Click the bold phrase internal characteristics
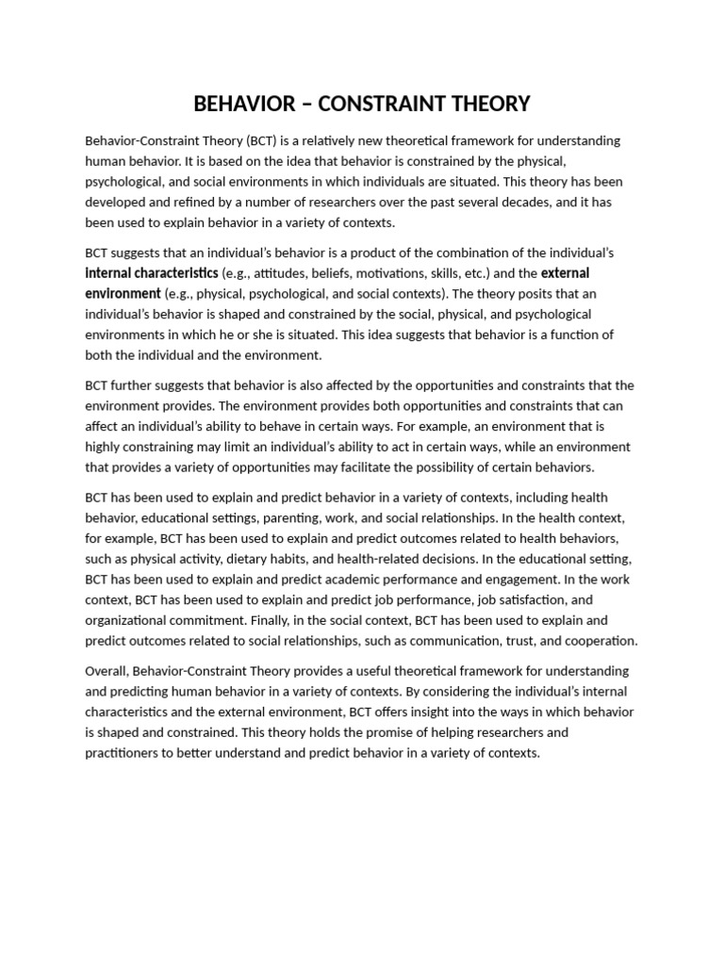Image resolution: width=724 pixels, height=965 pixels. (152, 273)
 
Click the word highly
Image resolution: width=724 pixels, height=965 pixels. (104, 447)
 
